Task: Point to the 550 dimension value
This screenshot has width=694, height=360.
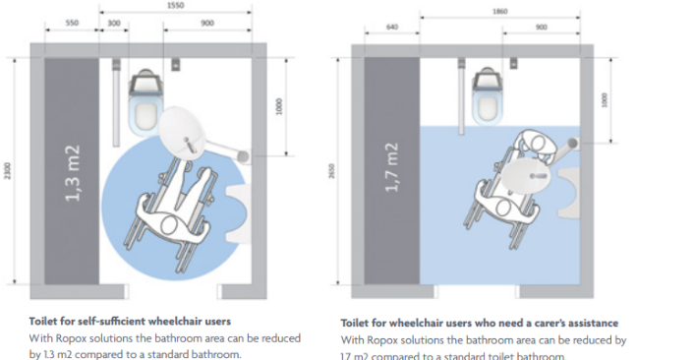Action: tap(72, 21)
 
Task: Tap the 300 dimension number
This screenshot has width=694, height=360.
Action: tap(115, 21)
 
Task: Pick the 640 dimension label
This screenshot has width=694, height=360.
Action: tap(393, 27)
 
